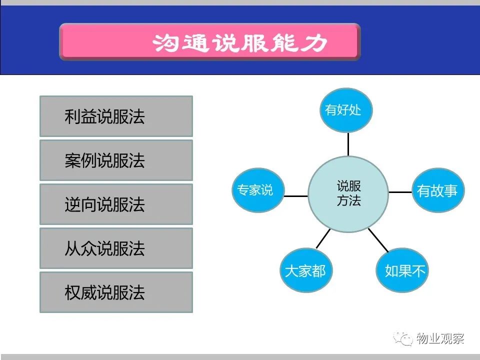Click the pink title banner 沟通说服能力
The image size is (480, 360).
210,41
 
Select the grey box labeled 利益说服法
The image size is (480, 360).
116,116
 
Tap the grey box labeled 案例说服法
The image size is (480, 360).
116,160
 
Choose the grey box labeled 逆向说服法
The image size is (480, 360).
116,204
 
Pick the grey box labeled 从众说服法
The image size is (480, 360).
116,248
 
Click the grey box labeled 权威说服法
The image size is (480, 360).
116,292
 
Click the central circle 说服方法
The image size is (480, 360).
348,194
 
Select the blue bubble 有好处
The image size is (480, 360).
346,110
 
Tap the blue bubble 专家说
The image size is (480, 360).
258,190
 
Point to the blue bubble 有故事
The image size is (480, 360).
438,190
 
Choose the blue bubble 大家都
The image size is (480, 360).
306,270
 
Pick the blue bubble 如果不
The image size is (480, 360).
402,270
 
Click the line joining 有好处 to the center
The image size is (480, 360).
348,144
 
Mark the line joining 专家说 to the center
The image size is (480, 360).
296,196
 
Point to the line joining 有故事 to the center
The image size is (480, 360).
400,192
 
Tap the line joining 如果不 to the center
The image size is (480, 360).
378,240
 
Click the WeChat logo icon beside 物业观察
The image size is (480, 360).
403,338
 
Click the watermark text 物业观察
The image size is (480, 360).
440,338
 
